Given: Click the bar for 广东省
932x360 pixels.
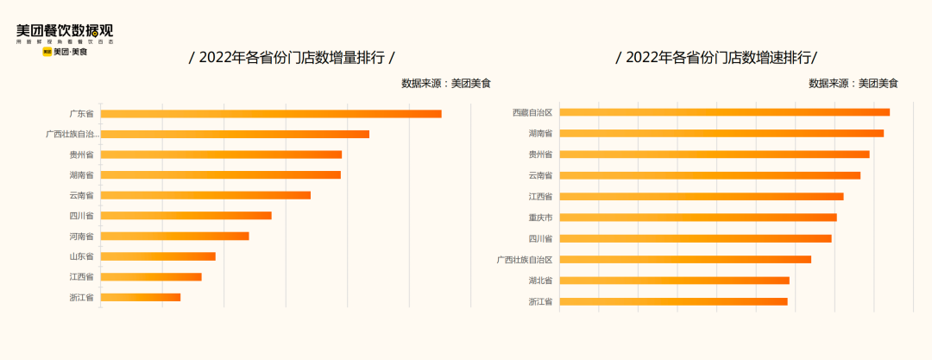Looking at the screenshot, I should click(271, 114).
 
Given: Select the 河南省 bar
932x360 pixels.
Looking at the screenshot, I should click(174, 236).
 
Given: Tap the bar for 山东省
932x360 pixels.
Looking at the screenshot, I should click(158, 256).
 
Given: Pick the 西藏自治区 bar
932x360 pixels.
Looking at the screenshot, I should click(724, 112).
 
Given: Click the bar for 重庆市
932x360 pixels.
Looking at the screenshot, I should click(697, 218).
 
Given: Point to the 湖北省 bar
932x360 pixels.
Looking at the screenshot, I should click(674, 281).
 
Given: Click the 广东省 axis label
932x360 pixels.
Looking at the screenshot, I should click(82, 114).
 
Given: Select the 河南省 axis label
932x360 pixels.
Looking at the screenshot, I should click(82, 236).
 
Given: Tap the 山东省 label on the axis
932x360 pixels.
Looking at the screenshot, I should click(82, 256).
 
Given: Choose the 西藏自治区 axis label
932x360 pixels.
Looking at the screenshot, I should click(532, 112).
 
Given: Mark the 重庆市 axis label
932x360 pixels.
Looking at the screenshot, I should click(540, 218).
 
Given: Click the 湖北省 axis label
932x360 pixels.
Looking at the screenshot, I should click(540, 281).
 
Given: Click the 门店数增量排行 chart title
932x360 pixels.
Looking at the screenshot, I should click(292, 58).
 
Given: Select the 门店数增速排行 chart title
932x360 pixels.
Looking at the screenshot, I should click(716, 58).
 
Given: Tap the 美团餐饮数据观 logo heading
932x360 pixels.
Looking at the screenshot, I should click(65, 31).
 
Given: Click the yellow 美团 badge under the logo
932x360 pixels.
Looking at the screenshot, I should click(47, 52).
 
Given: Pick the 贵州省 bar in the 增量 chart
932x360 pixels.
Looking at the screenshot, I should click(221, 155).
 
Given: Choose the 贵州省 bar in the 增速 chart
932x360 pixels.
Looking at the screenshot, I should click(714, 155).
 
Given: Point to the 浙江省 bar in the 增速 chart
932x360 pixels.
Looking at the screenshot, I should click(673, 301).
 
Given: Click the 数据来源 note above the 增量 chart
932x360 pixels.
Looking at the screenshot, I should click(445, 84).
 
